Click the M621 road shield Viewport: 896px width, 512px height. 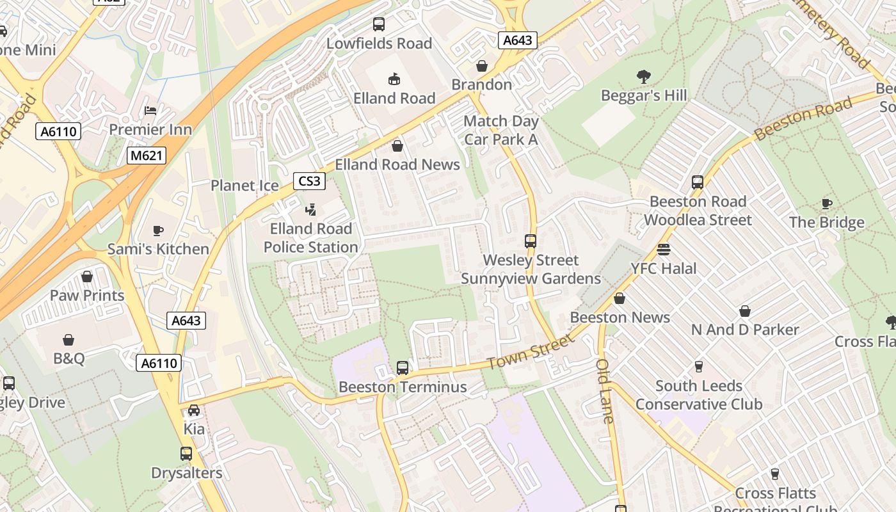click(x=146, y=156)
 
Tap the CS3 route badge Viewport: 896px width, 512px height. click(x=309, y=181)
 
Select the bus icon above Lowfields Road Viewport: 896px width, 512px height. click(x=379, y=24)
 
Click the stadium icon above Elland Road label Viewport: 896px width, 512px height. click(x=394, y=79)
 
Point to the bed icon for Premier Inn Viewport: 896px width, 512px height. click(x=150, y=111)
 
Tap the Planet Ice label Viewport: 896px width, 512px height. click(x=244, y=186)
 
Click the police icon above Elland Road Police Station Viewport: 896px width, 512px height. click(x=311, y=209)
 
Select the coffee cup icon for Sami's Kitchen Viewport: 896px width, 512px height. click(x=158, y=230)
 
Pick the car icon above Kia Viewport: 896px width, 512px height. click(x=194, y=410)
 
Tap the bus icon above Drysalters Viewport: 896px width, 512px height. click(x=186, y=454)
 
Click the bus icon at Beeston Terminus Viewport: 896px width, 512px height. click(x=403, y=368)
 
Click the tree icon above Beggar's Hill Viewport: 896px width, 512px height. click(x=644, y=77)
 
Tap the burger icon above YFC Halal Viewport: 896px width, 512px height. click(x=664, y=250)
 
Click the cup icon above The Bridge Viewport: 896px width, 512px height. click(x=827, y=204)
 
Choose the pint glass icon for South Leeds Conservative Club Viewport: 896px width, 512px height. click(x=699, y=367)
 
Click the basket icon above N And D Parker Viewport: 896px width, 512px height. click(x=745, y=311)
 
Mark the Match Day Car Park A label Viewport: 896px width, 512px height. click(x=501, y=130)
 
